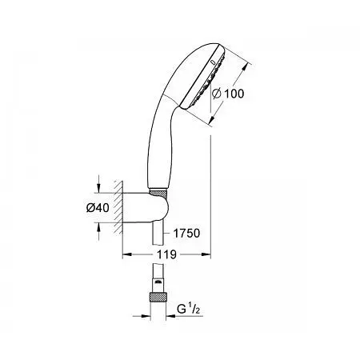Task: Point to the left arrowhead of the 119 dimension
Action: coord(126,254)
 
